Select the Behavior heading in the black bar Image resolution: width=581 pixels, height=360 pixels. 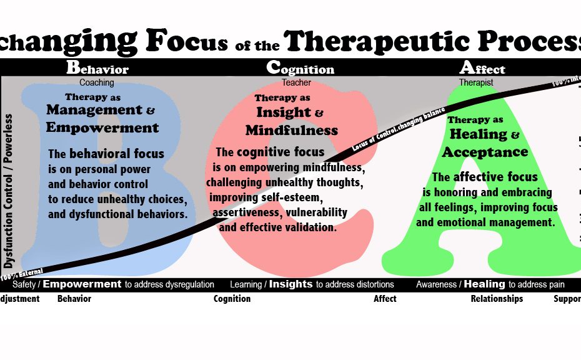pyautogui.click(x=97, y=68)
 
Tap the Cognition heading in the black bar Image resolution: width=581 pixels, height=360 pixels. pyautogui.click(x=300, y=68)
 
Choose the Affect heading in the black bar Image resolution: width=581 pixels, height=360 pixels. pyautogui.click(x=482, y=68)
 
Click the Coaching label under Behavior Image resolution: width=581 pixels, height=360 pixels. pyautogui.click(x=97, y=82)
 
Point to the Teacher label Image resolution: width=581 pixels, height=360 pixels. pyautogui.click(x=296, y=82)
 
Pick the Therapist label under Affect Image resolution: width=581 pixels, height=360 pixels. pyautogui.click(x=476, y=82)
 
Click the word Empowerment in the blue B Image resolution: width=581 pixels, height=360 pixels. pyautogui.click(x=102, y=128)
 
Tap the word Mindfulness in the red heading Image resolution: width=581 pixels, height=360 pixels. pyautogui.click(x=291, y=131)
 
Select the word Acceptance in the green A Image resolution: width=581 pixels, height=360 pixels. pyautogui.click(x=485, y=152)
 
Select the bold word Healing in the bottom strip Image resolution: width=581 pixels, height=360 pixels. pyautogui.click(x=484, y=284)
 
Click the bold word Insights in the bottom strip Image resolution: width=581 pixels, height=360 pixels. pyautogui.click(x=290, y=284)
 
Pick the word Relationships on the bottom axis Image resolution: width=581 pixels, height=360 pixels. pyautogui.click(x=497, y=299)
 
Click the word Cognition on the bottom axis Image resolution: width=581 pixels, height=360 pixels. pyautogui.click(x=232, y=299)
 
